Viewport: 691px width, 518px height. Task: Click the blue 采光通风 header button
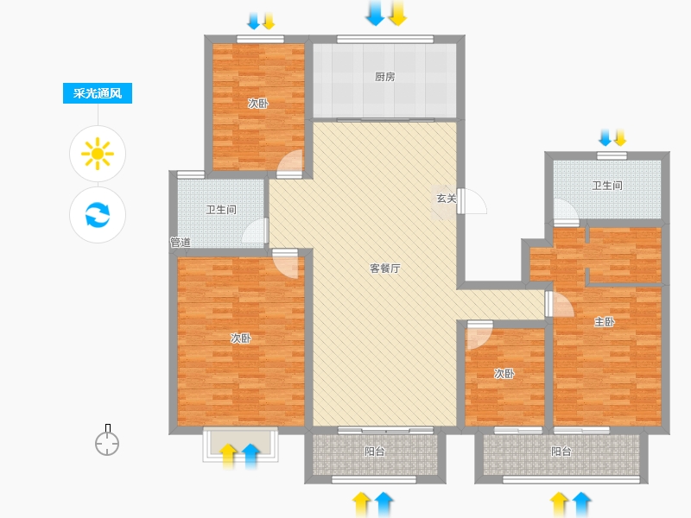pos(98,93)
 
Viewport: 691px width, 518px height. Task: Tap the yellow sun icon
pos(98,154)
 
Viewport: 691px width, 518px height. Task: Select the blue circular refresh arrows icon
pos(98,214)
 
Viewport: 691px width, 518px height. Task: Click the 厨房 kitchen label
pos(384,77)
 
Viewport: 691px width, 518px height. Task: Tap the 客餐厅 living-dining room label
pos(384,268)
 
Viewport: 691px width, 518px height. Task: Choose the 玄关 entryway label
pos(446,199)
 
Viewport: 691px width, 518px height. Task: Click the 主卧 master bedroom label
pos(604,322)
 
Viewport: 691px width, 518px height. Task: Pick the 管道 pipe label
pos(181,243)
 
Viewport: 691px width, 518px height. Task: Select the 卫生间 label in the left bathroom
pos(221,210)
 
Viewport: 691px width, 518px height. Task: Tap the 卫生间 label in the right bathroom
pos(607,186)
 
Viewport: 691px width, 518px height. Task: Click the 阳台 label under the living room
pos(375,452)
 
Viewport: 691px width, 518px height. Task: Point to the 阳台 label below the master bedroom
pos(561,452)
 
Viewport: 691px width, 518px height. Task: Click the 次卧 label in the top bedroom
pos(257,104)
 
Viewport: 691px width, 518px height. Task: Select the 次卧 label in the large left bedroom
pos(241,338)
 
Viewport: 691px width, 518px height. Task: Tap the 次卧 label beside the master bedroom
pos(504,374)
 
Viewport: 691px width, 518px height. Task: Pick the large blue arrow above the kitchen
pos(375,13)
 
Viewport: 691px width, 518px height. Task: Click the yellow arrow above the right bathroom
pos(620,137)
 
